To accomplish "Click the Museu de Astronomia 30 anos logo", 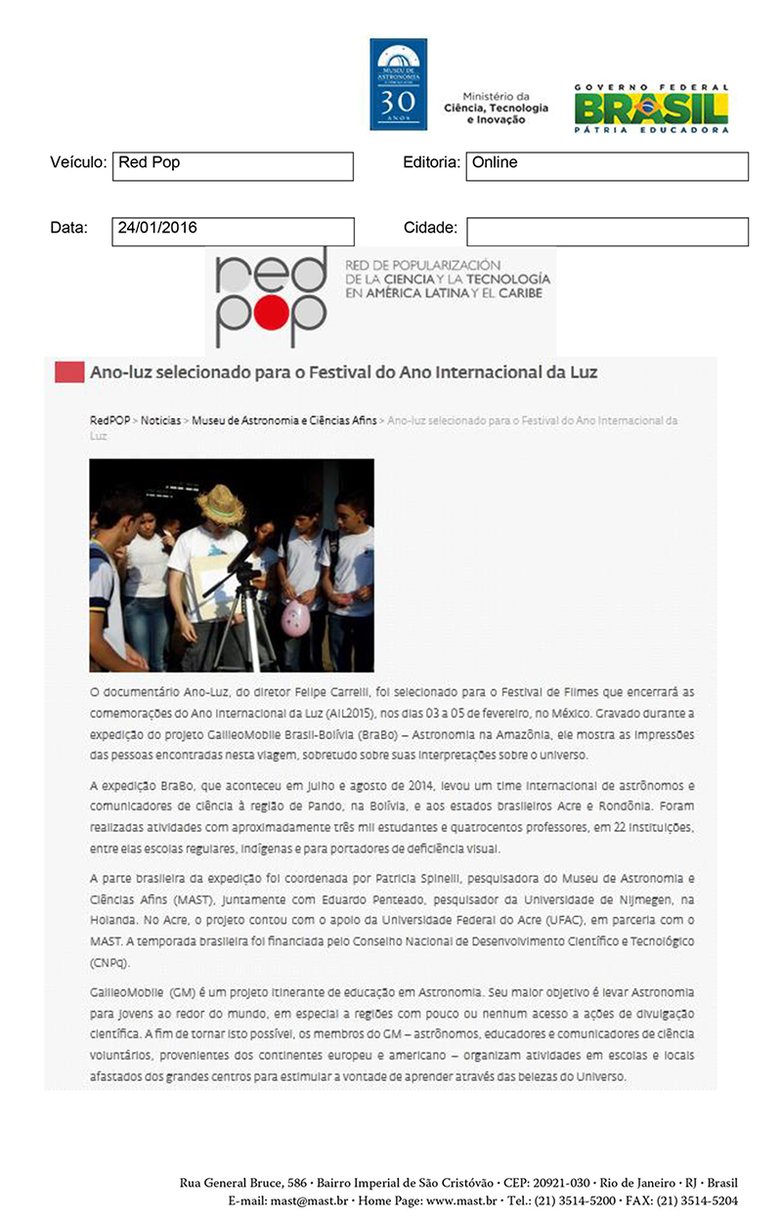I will (x=398, y=84).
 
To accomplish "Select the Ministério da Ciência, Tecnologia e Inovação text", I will (x=496, y=108).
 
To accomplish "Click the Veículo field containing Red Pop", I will (x=233, y=165).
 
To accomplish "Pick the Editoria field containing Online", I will (x=607, y=165).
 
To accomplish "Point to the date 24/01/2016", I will (x=157, y=229).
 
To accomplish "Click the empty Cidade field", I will (x=607, y=232).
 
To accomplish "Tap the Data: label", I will (x=69, y=229).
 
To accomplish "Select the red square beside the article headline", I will (x=68, y=371).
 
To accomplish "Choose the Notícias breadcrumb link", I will (x=161, y=420).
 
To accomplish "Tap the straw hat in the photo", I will (x=220, y=504).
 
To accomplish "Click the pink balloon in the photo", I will (x=295, y=618).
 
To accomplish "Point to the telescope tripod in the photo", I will (x=235, y=626).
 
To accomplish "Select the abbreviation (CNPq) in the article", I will (x=109, y=962).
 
